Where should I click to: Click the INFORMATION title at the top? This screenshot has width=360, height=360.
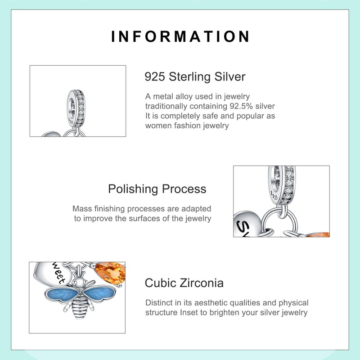(x=180, y=36)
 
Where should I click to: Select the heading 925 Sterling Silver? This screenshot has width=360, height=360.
(x=195, y=76)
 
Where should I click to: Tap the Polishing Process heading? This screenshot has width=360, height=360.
(x=157, y=189)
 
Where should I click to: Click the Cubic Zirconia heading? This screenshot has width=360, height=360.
(x=184, y=283)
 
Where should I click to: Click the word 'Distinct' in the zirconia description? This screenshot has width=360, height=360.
(x=159, y=303)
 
